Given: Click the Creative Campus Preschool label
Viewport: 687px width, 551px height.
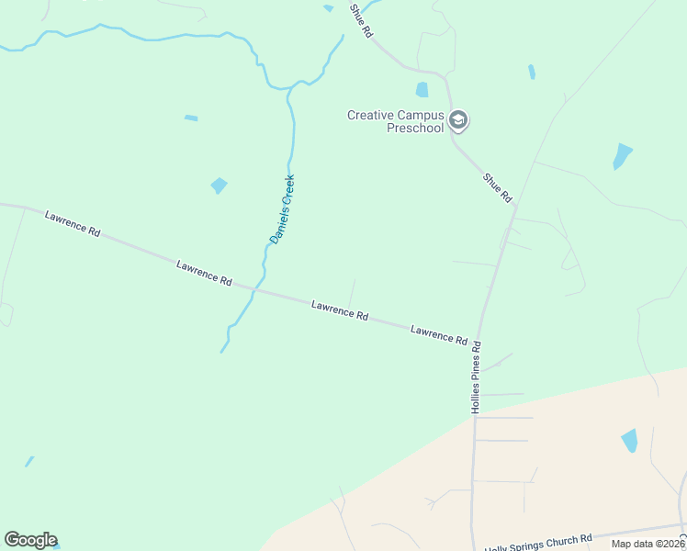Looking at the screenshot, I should click(395, 121).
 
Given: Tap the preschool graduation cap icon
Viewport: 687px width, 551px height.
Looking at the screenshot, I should click(458, 120).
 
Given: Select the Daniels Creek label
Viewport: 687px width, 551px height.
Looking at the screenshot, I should click(282, 209).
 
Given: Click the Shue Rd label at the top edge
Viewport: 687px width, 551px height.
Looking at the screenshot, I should click(361, 19).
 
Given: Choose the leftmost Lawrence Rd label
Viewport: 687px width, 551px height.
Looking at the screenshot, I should click(73, 224).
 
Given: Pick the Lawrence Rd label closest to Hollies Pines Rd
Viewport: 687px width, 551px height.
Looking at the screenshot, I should click(439, 334).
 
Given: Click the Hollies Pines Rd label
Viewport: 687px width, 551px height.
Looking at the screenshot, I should click(476, 378).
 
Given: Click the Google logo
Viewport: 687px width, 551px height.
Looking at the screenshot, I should click(30, 540).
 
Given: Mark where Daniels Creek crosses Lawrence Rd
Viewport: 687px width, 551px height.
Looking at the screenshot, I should click(255, 291).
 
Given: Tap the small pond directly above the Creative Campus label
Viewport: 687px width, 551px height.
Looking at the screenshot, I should click(422, 90).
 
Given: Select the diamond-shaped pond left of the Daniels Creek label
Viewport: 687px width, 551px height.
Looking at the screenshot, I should click(219, 186).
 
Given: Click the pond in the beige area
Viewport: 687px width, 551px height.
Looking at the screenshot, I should click(629, 441).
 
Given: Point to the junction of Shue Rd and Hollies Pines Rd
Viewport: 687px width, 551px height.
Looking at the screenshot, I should click(514, 208).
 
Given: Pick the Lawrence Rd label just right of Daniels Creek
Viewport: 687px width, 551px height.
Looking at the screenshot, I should click(340, 309).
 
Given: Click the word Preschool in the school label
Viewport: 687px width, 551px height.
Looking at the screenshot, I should click(414, 128).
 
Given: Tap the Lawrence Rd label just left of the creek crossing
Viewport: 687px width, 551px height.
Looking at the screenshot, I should click(204, 273).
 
